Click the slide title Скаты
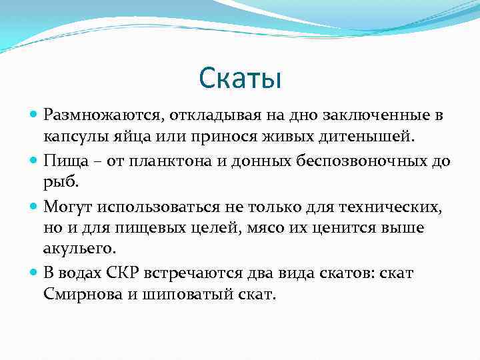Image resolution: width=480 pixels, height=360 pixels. (x=240, y=79)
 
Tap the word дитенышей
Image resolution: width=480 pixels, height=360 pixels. (x=366, y=137)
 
